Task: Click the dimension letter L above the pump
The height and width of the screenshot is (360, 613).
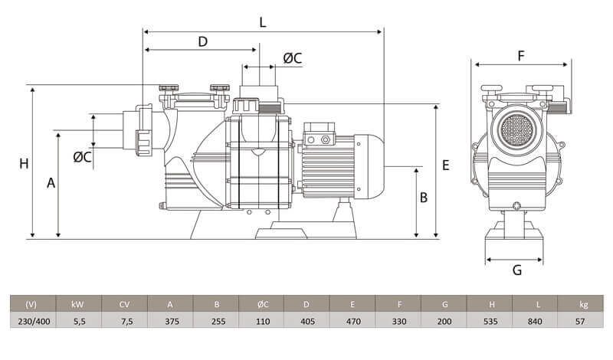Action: click(263, 22)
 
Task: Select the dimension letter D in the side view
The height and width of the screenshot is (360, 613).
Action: click(202, 41)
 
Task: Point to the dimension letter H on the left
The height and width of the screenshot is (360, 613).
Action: click(24, 163)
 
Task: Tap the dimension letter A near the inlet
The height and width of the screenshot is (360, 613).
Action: click(51, 183)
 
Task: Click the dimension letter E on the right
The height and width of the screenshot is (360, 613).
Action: click(446, 165)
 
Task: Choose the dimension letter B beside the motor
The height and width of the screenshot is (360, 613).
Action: click(424, 198)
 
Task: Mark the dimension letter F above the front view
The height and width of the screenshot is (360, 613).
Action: click(521, 56)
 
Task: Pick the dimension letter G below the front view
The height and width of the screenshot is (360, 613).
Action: click(516, 270)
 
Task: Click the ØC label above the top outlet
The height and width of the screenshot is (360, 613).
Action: click(293, 58)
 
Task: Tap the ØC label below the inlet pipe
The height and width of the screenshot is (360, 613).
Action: click(83, 157)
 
